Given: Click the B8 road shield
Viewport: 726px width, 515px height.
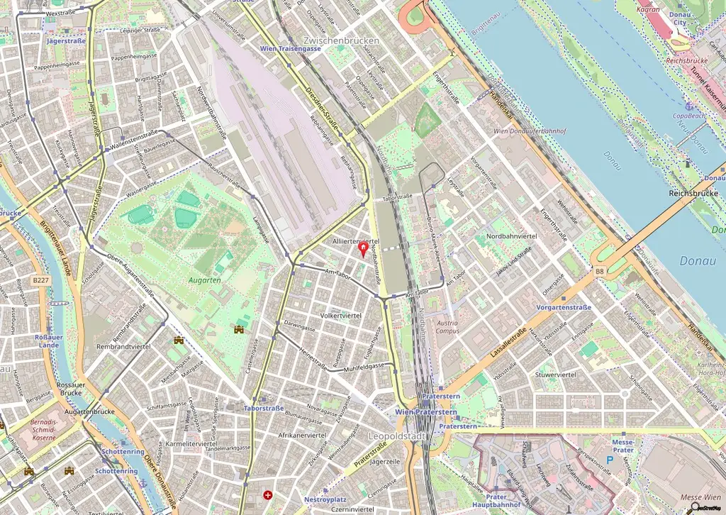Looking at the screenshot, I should [600, 271].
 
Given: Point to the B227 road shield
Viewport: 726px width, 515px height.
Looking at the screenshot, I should [41, 281].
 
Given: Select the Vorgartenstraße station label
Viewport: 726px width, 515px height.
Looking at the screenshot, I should [564, 307].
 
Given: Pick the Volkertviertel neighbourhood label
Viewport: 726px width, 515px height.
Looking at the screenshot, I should [341, 315].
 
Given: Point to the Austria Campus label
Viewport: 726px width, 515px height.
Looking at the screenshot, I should [447, 326].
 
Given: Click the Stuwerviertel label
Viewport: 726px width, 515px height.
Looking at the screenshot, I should [555, 374].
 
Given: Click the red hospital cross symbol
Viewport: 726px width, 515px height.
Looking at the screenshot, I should [267, 494].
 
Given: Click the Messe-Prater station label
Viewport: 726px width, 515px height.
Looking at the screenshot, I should [622, 445].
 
